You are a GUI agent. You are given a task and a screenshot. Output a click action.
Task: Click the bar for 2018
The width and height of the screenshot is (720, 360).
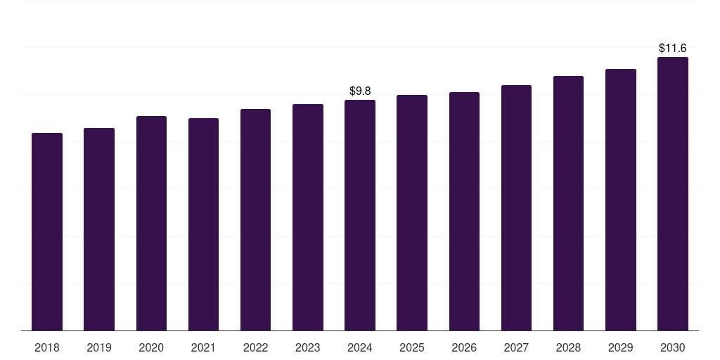coord(47,231)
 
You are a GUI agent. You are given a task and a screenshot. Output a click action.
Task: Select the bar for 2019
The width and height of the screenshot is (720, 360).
coord(99,229)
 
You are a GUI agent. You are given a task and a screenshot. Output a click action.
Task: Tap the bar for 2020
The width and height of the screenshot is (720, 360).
coord(151,223)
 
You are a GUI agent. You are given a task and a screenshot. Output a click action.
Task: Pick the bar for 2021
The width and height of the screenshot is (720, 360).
coord(203,224)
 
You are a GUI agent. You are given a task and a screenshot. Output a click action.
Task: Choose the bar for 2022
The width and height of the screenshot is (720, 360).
coord(255,219)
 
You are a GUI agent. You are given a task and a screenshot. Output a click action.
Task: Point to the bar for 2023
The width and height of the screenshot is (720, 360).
coord(308,217)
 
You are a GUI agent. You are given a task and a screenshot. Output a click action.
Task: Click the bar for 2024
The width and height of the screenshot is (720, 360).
coord(360,215)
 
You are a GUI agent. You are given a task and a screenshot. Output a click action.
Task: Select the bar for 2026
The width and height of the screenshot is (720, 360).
coord(464,211)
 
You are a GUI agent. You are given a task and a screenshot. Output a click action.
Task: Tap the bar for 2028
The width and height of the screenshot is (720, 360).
coord(568,203)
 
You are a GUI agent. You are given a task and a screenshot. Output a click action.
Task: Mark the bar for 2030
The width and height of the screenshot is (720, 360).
coord(673,193)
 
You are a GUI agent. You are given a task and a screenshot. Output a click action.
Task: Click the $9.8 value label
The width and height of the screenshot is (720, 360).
coord(360,91)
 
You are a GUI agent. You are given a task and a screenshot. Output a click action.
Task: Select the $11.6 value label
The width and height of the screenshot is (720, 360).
coord(673,48)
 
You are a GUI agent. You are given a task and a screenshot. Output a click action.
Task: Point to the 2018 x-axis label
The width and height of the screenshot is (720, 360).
coord(47,347)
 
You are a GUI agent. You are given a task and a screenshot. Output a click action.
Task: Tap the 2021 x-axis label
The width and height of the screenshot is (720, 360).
coord(203,347)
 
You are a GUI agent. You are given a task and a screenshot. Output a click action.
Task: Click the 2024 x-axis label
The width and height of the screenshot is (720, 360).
coord(360,347)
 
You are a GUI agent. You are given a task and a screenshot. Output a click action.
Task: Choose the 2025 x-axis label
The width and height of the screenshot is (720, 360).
coord(412,347)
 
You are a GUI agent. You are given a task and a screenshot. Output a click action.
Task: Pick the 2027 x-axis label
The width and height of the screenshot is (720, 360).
coord(516,347)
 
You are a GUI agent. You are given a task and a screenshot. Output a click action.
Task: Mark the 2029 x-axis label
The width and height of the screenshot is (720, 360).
coord(621,347)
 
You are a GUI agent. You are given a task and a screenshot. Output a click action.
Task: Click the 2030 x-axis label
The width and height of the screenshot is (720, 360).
coord(673,347)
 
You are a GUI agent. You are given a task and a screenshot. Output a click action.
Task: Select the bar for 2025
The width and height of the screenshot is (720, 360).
coord(412,212)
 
